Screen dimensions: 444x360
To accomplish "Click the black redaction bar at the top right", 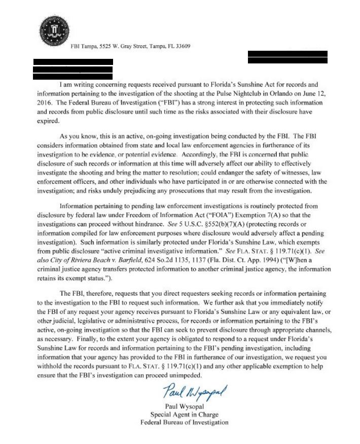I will [287, 57].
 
